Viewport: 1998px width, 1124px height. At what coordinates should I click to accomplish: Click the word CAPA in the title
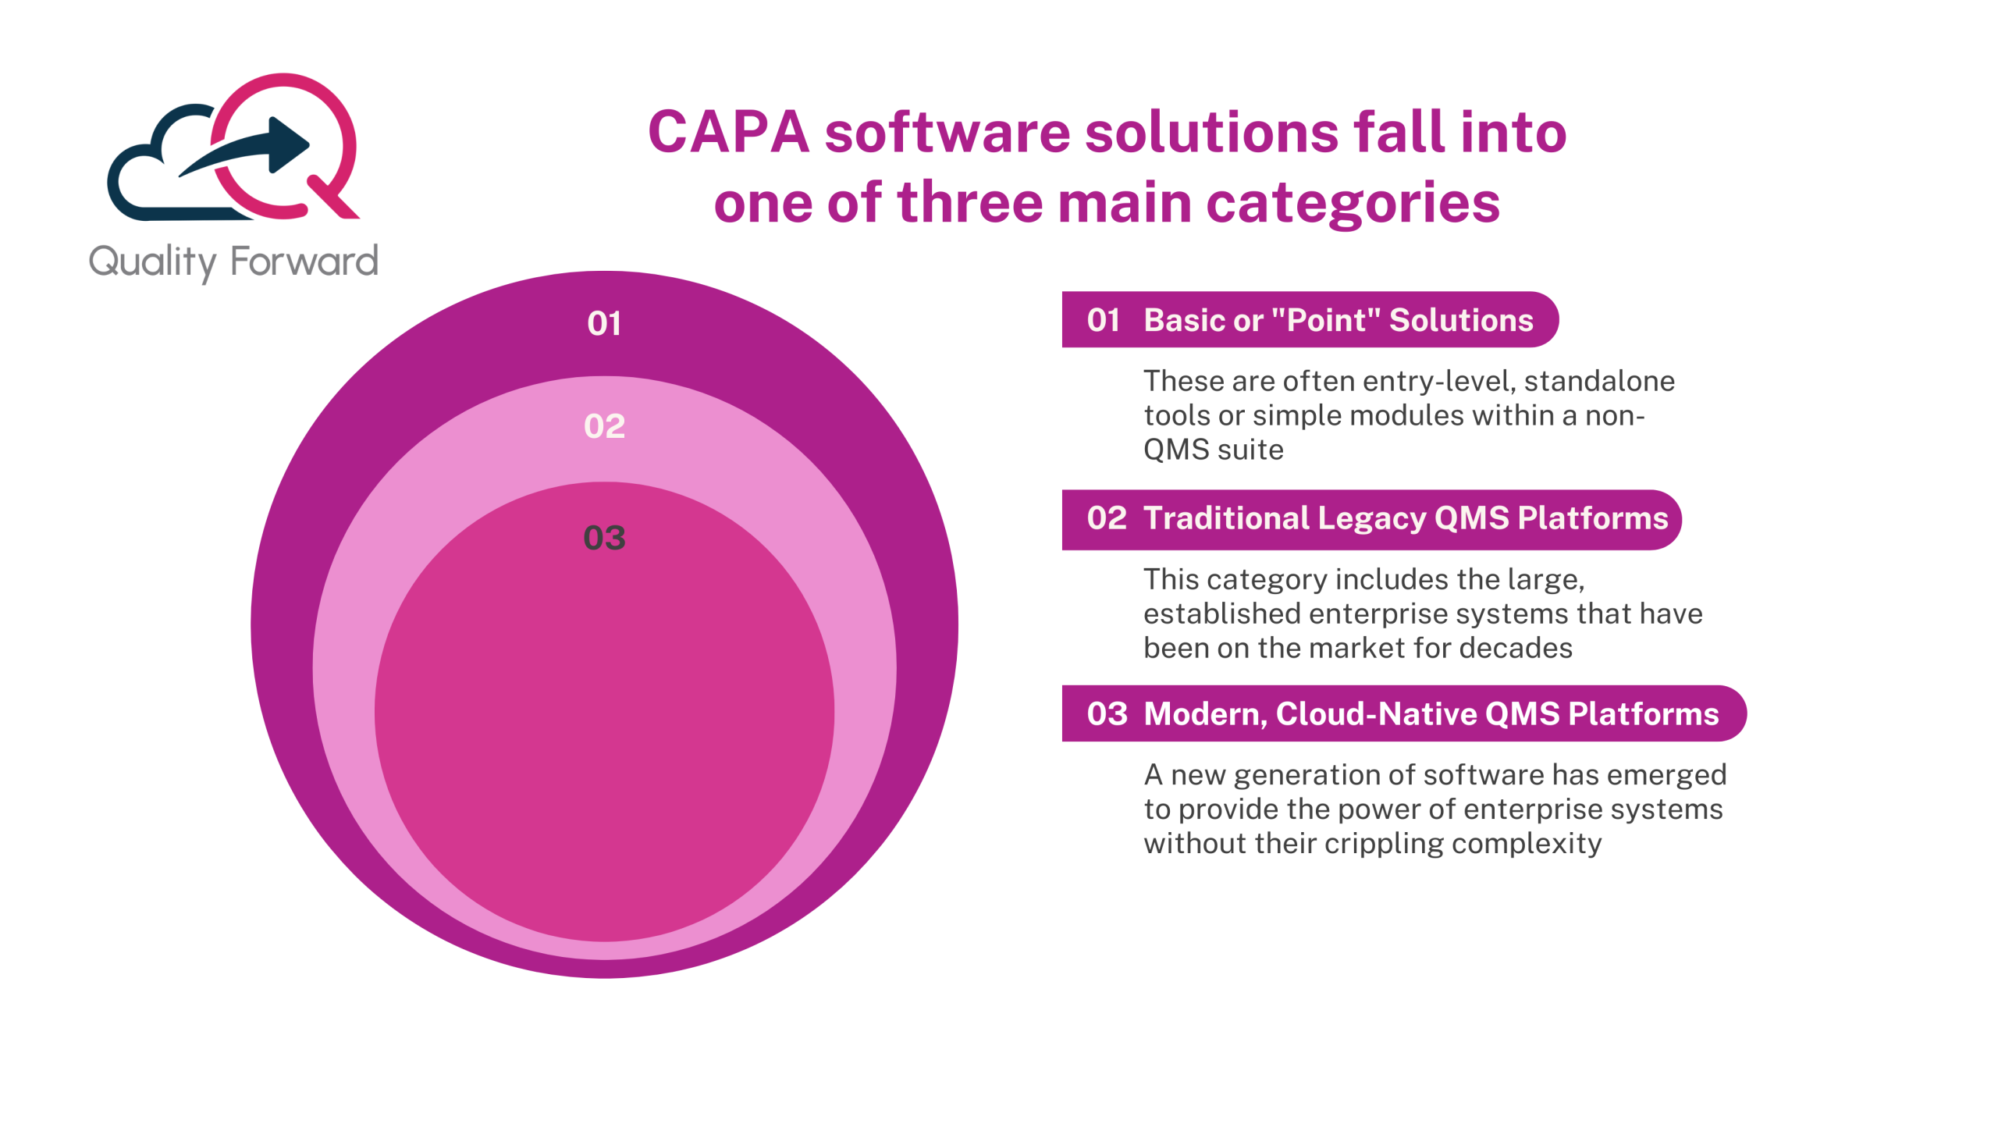[x=727, y=132]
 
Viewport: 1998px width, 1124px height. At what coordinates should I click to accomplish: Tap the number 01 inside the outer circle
[x=604, y=323]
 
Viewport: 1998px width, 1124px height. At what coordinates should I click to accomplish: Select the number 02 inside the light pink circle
[x=604, y=426]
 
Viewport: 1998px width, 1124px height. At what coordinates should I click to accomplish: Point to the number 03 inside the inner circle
[x=604, y=538]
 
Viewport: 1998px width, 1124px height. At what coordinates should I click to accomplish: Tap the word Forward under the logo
[x=304, y=261]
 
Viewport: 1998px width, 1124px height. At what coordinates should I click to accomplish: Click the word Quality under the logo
[x=153, y=262]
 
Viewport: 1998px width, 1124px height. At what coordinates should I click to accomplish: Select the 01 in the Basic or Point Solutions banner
[x=1103, y=320]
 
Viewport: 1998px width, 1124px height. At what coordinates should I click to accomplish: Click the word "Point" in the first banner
[x=1325, y=320]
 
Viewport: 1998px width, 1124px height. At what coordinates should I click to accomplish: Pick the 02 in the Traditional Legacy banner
[x=1106, y=518]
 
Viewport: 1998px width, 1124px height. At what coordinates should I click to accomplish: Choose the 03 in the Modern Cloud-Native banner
[x=1107, y=713]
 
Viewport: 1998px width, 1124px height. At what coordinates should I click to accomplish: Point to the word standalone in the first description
[x=1599, y=381]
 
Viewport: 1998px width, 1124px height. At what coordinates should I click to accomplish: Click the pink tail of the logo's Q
[x=334, y=198]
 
